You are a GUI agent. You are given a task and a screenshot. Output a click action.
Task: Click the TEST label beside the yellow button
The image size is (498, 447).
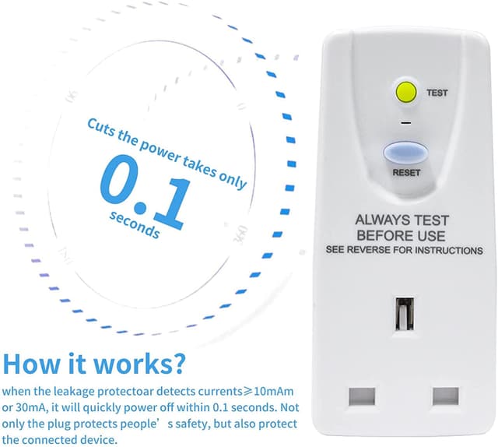pyautogui.click(x=437, y=93)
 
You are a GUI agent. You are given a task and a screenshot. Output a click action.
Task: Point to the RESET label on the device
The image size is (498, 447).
pyautogui.click(x=406, y=173)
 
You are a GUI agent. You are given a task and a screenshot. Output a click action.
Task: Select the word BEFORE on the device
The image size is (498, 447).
pyautogui.click(x=389, y=236)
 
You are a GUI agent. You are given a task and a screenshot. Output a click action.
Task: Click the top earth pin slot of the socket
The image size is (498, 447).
pyautogui.click(x=405, y=314)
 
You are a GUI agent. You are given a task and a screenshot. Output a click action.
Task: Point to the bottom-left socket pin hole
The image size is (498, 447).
pyautogui.click(x=362, y=396)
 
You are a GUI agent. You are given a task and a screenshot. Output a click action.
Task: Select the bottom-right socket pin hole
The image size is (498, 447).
pyautogui.click(x=446, y=396)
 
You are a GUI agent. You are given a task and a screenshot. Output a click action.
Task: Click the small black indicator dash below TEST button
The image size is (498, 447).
pyautogui.click(x=406, y=122)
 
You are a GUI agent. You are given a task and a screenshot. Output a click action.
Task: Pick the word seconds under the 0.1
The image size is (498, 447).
pyautogui.click(x=135, y=224)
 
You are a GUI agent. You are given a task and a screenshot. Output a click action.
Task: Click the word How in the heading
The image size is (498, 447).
pyautogui.click(x=31, y=363)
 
